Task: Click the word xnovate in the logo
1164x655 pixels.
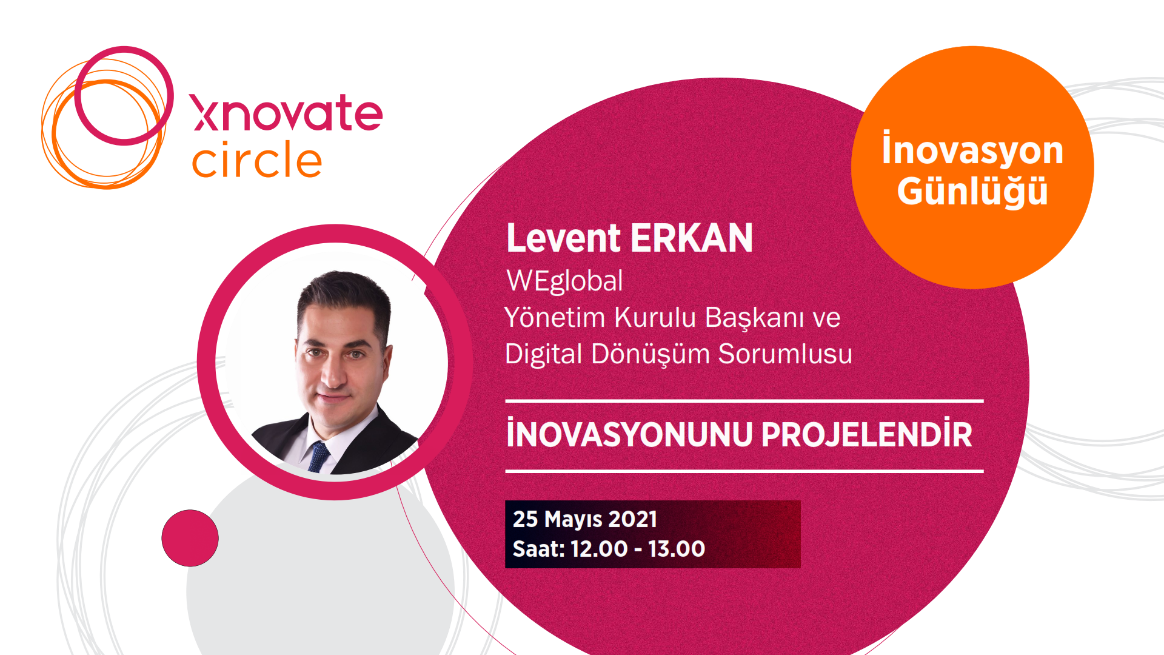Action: coord(286,113)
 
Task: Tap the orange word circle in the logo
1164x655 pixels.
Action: coord(257,160)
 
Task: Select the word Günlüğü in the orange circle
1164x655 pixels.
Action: coord(972,190)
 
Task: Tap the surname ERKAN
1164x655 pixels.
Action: coord(692,238)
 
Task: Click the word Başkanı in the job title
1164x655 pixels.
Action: coord(754,318)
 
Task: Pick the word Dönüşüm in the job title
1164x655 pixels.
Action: coord(651,354)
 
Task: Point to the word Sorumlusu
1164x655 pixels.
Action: coord(785,354)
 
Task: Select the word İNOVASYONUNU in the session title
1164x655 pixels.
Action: coord(629,434)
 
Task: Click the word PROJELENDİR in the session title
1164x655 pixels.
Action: coord(867,434)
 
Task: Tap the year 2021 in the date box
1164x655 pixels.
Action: coord(633,519)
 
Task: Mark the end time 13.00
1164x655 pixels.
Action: coord(677,549)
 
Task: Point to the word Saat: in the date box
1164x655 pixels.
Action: coord(539,549)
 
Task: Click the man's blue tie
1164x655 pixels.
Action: coord(318,457)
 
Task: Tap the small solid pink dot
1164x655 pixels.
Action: coord(190,538)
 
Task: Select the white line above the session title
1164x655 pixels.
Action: coord(744,401)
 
